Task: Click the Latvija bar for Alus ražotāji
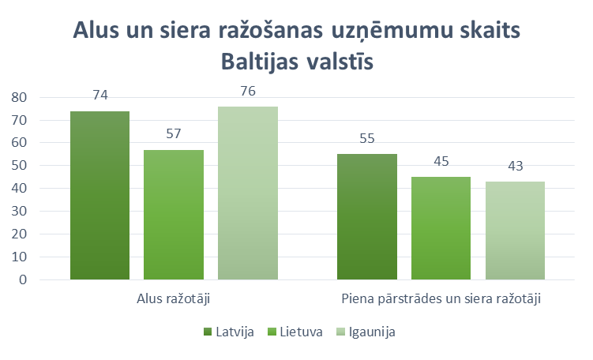pyautogui.click(x=99, y=196)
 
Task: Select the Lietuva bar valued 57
pyautogui.click(x=173, y=215)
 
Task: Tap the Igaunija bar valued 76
pyautogui.click(x=248, y=193)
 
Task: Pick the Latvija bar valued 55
pyautogui.click(x=366, y=217)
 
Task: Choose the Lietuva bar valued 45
pyautogui.click(x=441, y=228)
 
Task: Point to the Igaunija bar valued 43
pyautogui.click(x=515, y=231)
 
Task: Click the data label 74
pyautogui.click(x=99, y=95)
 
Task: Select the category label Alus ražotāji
pyautogui.click(x=174, y=299)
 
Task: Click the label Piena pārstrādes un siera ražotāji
pyautogui.click(x=441, y=299)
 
